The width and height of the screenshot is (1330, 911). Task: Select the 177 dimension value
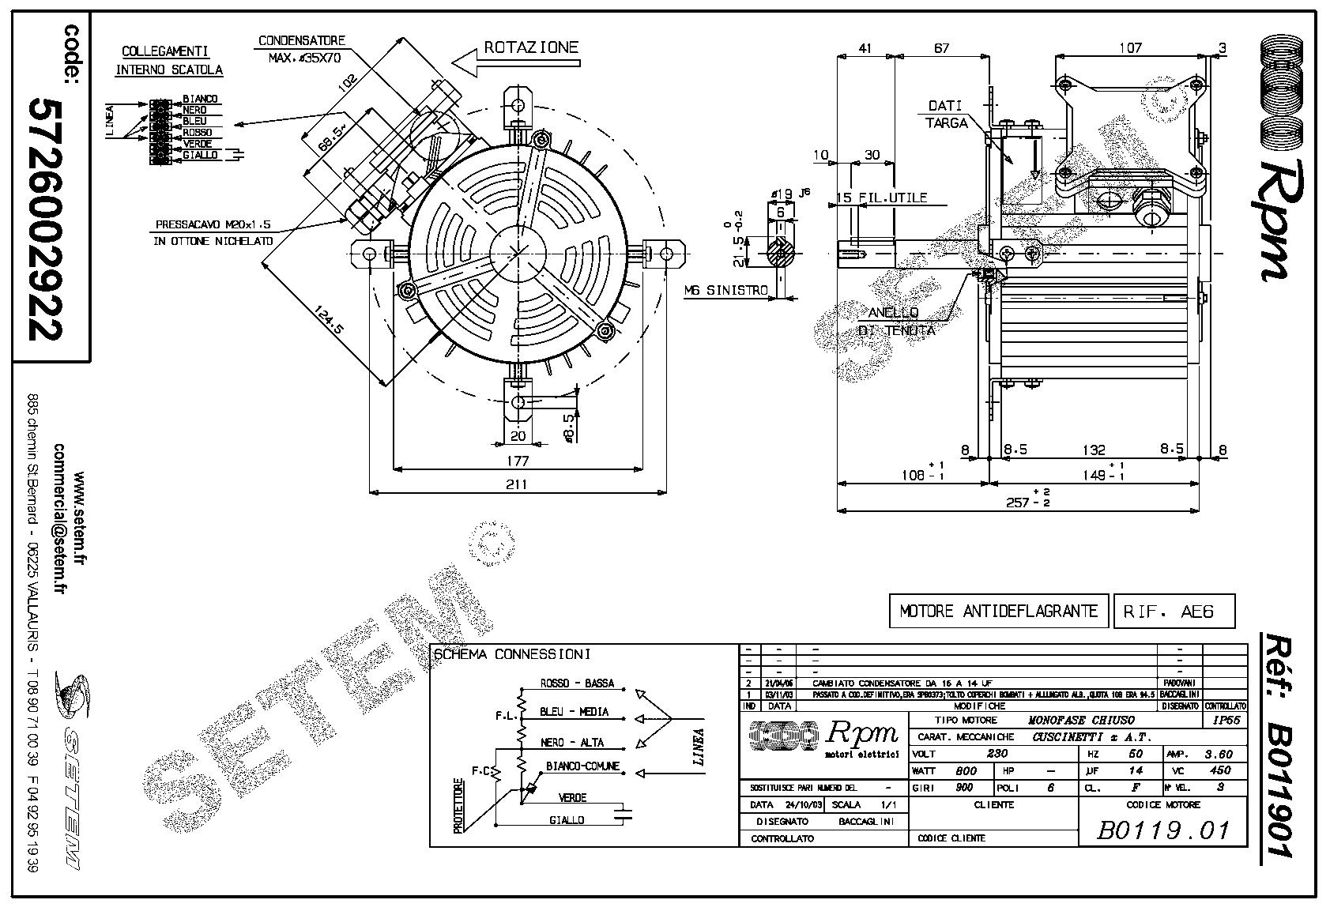point(518,461)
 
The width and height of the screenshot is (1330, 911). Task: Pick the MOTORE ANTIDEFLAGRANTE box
point(999,611)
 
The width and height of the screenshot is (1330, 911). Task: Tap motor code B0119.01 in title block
point(1163,830)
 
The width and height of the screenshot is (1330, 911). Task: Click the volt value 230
point(997,754)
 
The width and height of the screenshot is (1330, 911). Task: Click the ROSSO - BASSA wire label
point(577,683)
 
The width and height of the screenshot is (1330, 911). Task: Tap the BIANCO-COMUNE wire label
point(582,766)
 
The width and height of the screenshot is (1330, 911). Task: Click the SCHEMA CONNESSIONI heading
point(512,654)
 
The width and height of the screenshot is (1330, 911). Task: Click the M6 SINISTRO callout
point(726,291)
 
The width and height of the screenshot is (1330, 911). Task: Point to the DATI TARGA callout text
point(945,114)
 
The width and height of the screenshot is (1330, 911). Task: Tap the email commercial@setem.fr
point(58,533)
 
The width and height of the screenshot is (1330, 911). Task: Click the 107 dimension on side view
point(1130,47)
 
